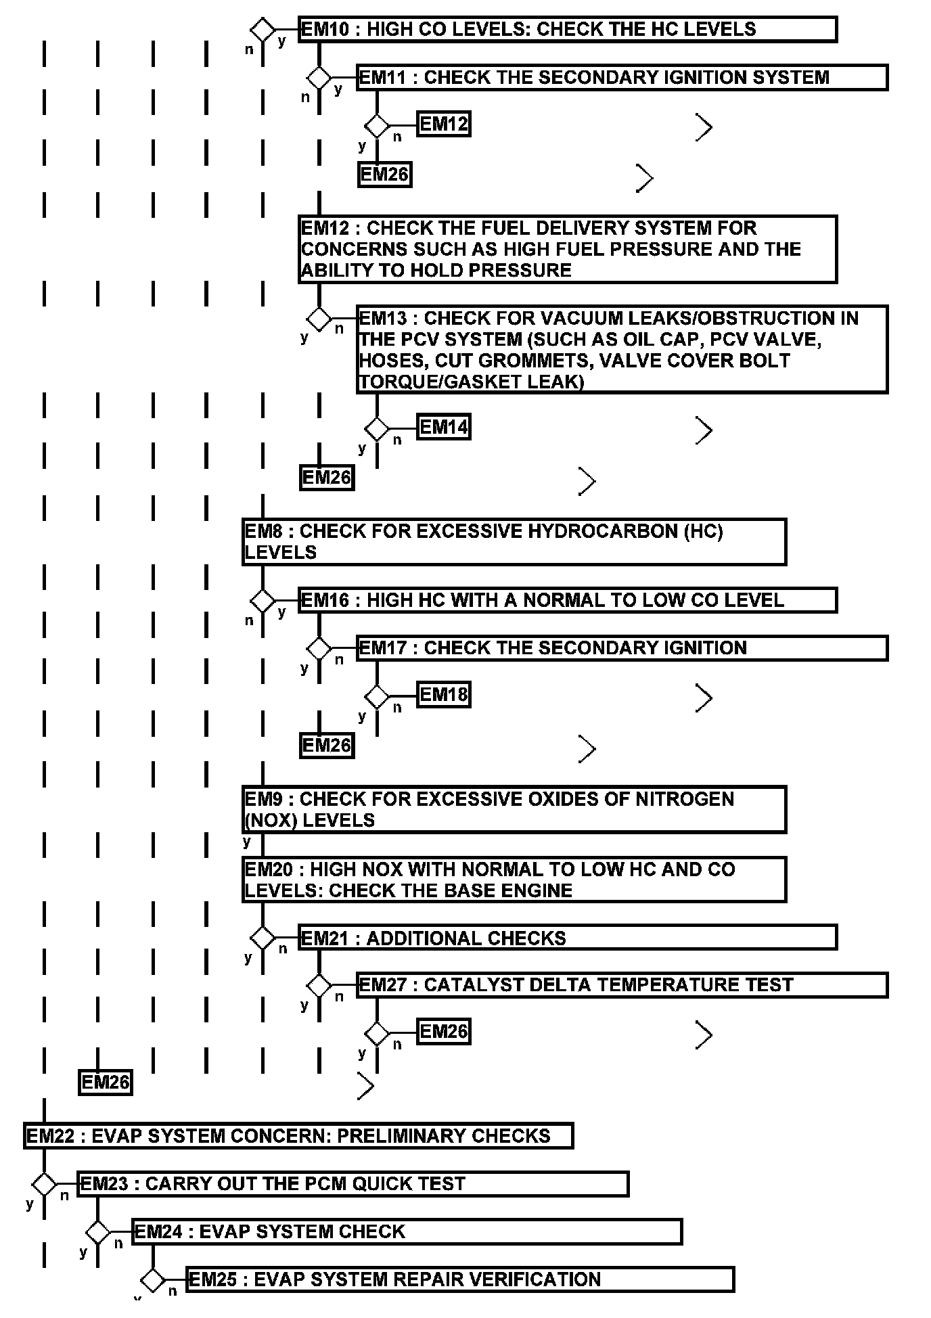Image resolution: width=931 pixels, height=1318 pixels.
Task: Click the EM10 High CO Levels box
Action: tap(567, 30)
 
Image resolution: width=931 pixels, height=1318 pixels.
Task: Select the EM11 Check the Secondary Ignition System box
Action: tap(621, 78)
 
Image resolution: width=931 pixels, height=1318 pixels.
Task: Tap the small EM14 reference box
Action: tap(443, 427)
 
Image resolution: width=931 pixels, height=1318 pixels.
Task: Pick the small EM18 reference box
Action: tap(443, 695)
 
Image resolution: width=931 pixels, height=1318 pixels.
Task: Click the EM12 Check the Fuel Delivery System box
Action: tap(567, 249)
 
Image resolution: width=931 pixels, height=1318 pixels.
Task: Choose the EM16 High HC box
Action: tap(567, 601)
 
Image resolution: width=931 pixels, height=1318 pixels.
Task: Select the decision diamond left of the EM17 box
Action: tap(319, 648)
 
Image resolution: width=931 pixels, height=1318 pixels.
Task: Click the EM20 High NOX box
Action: tap(514, 880)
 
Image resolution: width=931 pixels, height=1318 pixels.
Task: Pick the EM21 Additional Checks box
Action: tap(567, 938)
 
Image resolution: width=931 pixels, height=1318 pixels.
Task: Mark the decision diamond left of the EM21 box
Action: tap(263, 938)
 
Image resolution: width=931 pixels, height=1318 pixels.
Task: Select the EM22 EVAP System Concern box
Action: tap(298, 1135)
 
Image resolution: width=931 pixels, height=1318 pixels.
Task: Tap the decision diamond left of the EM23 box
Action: tap(45, 1184)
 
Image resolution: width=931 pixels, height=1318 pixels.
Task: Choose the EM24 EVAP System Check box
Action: tap(407, 1231)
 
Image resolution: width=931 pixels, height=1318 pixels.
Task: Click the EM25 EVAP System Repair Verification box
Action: tap(459, 1279)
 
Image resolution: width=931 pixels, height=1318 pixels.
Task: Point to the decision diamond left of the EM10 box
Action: tap(263, 30)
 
